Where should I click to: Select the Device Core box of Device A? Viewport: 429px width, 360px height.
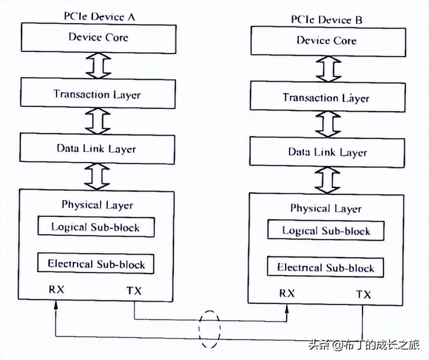[x=97, y=38]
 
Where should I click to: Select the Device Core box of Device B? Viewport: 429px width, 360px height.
[x=327, y=41]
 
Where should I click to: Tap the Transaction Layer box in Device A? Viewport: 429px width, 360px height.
[x=97, y=94]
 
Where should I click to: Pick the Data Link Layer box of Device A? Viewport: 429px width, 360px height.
[x=97, y=149]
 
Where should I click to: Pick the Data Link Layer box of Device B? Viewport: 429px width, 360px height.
[x=327, y=152]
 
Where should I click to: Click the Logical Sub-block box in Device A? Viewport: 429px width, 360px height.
[x=96, y=227]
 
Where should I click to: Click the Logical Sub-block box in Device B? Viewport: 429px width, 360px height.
[x=326, y=230]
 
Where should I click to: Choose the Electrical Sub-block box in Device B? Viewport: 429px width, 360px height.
[x=326, y=268]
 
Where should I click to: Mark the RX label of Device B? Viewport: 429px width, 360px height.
[x=287, y=293]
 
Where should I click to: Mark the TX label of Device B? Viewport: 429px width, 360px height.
[x=364, y=294]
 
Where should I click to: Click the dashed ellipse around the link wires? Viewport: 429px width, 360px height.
[x=209, y=329]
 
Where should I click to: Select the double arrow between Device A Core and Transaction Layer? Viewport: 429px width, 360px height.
[x=97, y=66]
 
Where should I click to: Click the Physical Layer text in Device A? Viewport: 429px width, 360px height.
[x=97, y=205]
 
